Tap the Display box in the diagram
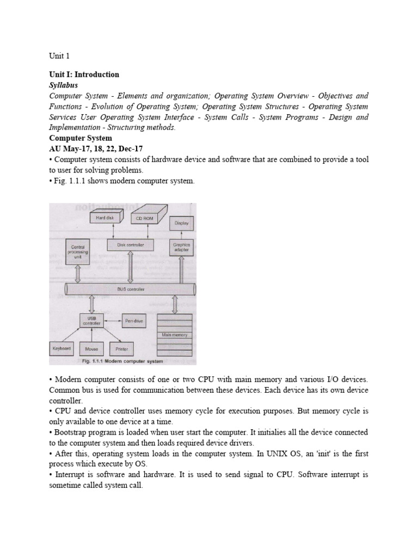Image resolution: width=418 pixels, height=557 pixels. pyautogui.click(x=181, y=222)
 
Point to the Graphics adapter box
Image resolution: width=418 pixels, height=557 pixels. pyautogui.click(x=181, y=247)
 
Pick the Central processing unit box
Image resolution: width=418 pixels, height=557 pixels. pyautogui.click(x=77, y=252)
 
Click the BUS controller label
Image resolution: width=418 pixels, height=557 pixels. pyautogui.click(x=131, y=289)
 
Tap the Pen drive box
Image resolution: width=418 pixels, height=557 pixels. pyautogui.click(x=133, y=321)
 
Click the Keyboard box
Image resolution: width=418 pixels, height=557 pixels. pyautogui.click(x=62, y=348)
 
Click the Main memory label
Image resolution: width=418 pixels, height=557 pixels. pyautogui.click(x=174, y=335)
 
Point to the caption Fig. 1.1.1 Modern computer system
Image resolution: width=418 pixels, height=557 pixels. pyautogui.click(x=122, y=361)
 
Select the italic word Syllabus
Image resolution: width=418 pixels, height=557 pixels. pyautogui.click(x=64, y=85)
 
